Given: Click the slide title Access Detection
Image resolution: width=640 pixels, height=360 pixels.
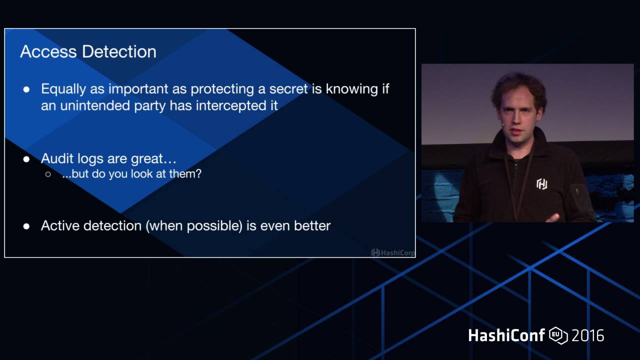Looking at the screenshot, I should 88,51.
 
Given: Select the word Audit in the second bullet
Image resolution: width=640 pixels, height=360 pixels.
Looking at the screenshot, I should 56,159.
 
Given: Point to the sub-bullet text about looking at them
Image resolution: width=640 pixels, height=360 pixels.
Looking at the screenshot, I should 131,174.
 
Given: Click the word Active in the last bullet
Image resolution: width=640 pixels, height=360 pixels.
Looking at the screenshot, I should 60,225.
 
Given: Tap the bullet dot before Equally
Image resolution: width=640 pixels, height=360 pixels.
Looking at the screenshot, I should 26,89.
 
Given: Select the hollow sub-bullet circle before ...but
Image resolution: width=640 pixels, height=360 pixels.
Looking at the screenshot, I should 48,174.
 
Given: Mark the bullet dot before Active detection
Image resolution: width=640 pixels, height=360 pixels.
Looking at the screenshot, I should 26,226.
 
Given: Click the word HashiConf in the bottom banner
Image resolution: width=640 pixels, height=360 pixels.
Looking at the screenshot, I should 506,335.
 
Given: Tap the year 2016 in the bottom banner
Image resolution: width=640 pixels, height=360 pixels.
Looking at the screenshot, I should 587,335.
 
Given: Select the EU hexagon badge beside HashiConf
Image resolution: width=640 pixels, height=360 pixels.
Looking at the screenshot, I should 558,335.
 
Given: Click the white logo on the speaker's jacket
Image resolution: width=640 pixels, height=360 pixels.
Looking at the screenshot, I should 541,184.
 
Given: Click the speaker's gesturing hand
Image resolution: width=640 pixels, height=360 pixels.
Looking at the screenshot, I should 552,217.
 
